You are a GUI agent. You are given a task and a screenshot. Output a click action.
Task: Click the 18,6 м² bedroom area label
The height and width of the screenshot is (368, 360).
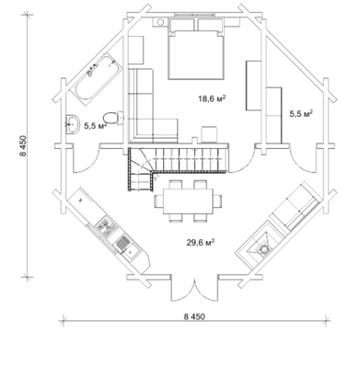tap(212, 98)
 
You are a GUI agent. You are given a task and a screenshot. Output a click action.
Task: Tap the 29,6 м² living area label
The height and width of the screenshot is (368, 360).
tap(201, 243)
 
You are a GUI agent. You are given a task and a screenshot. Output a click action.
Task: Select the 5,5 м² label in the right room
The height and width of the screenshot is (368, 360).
tap(301, 114)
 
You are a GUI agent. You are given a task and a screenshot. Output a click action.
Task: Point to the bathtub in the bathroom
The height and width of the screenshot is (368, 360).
tap(97, 78)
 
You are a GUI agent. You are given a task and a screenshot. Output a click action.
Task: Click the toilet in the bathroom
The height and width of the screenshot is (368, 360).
tap(112, 118)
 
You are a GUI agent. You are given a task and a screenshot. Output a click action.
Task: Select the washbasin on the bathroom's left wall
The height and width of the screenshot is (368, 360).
tap(72, 124)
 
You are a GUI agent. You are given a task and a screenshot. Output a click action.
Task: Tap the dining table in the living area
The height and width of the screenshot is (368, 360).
tap(188, 201)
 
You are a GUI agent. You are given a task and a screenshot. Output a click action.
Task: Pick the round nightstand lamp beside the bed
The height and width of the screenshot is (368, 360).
tap(160, 22)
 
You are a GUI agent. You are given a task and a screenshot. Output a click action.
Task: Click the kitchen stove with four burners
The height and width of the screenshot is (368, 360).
tap(106, 226)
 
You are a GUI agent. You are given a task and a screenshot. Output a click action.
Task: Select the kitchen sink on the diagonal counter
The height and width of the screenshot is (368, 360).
tap(127, 247)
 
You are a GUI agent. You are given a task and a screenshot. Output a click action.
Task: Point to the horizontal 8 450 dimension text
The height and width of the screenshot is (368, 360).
tap(194, 316)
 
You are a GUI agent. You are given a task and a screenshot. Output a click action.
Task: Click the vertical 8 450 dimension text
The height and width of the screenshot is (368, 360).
tap(24, 146)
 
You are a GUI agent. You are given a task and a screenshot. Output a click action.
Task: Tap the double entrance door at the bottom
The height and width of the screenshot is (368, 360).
tap(194, 288)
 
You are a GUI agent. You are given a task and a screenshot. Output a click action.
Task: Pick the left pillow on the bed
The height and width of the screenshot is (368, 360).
tap(181, 25)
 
